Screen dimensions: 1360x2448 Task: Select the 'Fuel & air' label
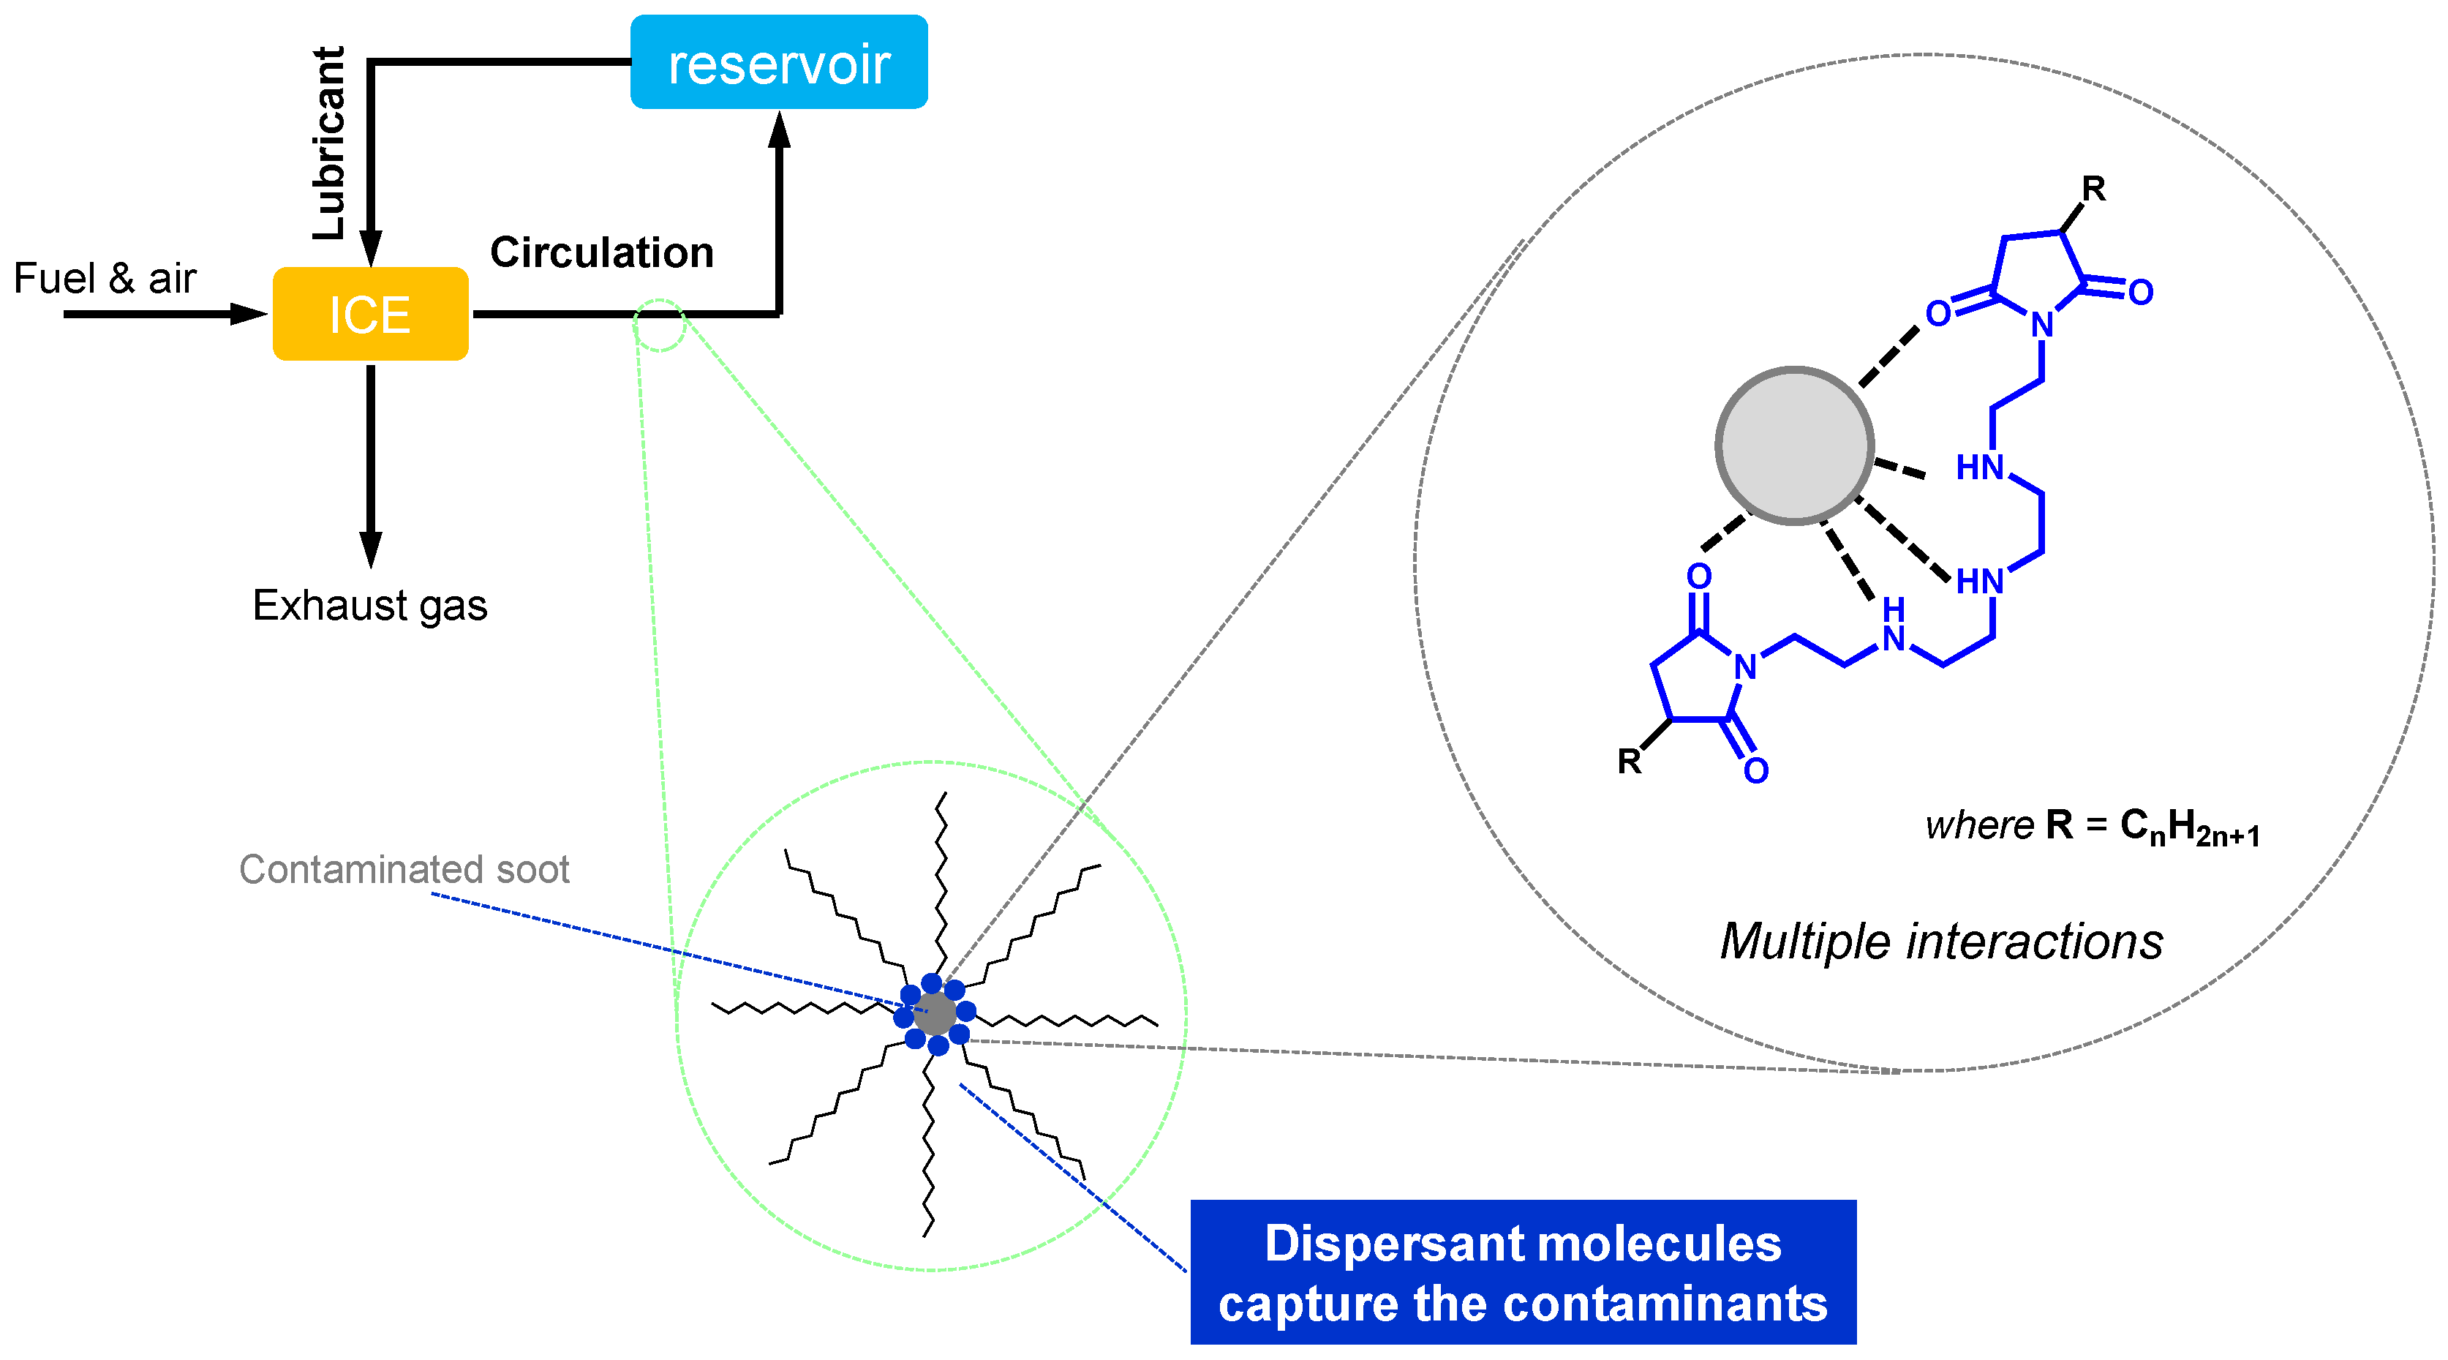click(105, 279)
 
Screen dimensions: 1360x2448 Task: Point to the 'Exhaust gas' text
click(369, 606)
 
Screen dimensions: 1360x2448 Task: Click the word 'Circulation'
click(601, 253)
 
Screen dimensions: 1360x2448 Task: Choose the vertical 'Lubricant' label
click(329, 143)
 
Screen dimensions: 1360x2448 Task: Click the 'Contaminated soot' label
click(404, 868)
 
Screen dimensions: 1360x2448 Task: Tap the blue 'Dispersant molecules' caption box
click(1522, 1271)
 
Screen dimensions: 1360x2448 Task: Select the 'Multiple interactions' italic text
click(1940, 941)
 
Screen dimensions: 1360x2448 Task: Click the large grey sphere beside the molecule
click(1794, 446)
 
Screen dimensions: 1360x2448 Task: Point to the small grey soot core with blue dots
click(935, 1013)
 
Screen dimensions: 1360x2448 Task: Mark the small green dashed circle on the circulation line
click(658, 325)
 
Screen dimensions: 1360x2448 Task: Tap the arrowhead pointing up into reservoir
click(779, 131)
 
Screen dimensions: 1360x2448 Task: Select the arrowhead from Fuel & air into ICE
click(249, 314)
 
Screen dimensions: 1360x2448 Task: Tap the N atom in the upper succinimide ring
click(2041, 325)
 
